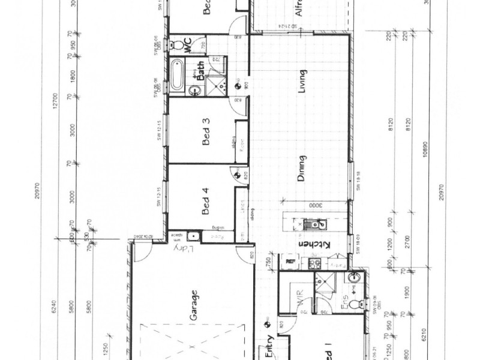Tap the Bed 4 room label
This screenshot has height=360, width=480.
(206, 202)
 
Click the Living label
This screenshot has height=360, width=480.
(304, 83)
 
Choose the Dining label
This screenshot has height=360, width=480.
(302, 169)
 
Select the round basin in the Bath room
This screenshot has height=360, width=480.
(194, 91)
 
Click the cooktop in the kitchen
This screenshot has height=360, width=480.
(313, 262)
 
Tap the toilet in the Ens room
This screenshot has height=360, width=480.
(360, 305)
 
